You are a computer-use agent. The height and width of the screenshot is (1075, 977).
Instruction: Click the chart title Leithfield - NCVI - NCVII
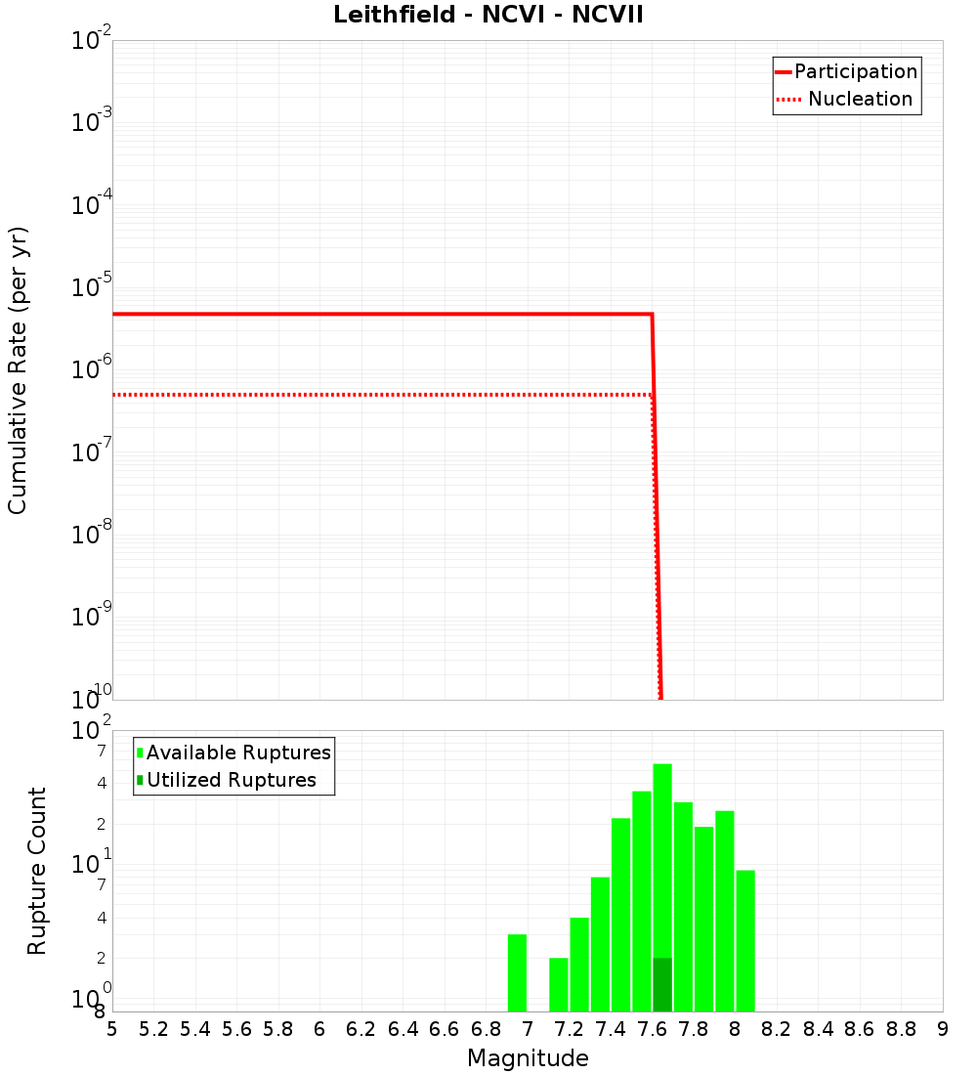pyautogui.click(x=488, y=16)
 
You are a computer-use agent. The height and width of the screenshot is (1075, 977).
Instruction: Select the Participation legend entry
pyautogui.click(x=855, y=71)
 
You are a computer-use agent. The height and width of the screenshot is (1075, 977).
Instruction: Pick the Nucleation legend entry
pyautogui.click(x=859, y=99)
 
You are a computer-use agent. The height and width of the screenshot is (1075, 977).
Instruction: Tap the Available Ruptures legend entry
pyautogui.click(x=237, y=752)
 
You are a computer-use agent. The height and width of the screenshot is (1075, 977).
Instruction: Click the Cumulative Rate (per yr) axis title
pyautogui.click(x=18, y=369)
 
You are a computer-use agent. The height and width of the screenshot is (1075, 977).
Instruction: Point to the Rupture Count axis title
pyautogui.click(x=37, y=871)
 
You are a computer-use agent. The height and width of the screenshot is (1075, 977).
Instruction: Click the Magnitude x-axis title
pyautogui.click(x=528, y=1058)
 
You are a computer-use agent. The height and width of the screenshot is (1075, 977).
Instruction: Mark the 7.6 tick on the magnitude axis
pyautogui.click(x=652, y=1029)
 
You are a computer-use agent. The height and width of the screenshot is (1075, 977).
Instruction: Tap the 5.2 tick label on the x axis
pyautogui.click(x=153, y=1029)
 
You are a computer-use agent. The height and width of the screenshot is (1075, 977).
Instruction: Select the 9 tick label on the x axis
pyautogui.click(x=943, y=1029)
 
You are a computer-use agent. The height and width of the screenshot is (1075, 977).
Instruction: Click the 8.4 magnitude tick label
pyautogui.click(x=818, y=1029)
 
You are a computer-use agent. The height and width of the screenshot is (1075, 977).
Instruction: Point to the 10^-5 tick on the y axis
pyautogui.click(x=92, y=287)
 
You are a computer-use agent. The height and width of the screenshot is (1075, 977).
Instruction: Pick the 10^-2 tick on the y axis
pyautogui.click(x=92, y=41)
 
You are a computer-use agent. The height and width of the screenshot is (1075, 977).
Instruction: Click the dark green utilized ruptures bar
pyautogui.click(x=662, y=985)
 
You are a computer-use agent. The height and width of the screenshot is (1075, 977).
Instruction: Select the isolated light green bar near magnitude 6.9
pyautogui.click(x=517, y=973)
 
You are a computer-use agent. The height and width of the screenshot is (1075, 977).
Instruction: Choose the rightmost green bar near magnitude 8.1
pyautogui.click(x=745, y=940)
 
